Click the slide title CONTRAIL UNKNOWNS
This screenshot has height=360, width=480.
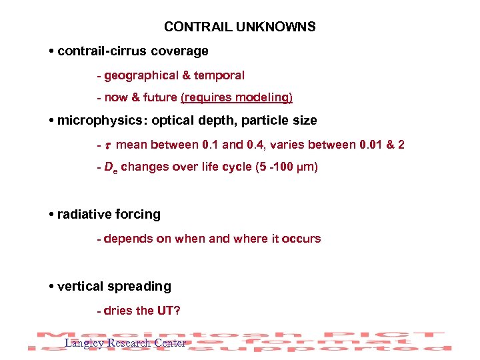[x=239, y=27]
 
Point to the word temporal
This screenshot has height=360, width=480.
[x=220, y=76]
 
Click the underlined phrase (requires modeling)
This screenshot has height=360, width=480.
[x=237, y=98]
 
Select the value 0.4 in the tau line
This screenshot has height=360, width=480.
[x=284, y=145]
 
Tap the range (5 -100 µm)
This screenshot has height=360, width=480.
[x=287, y=167]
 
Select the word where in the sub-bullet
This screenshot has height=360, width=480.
[x=250, y=239]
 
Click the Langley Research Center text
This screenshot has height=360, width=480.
[x=125, y=343]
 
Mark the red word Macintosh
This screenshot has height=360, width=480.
[x=107, y=335]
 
